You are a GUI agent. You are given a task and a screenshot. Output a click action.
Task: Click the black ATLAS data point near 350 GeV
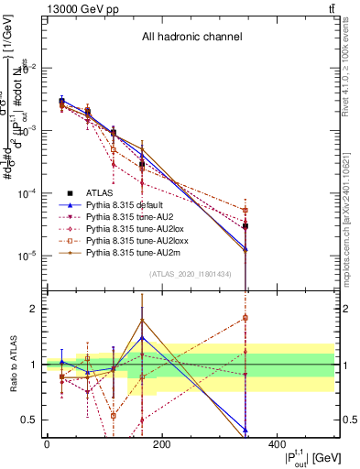click(245, 226)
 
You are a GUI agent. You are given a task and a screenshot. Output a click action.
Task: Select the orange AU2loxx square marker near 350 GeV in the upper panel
click(245, 210)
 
